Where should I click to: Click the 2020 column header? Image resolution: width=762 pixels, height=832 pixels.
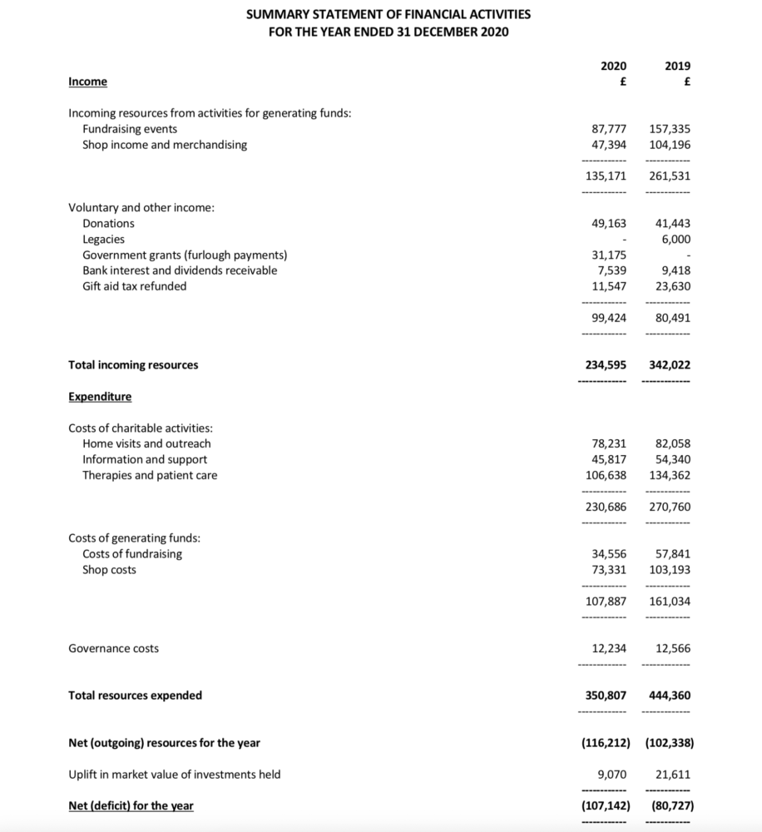(x=613, y=66)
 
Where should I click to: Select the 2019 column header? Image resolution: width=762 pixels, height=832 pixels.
(x=678, y=66)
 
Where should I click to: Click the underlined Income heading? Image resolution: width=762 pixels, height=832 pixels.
(x=87, y=82)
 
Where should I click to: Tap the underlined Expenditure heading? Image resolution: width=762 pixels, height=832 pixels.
(x=100, y=397)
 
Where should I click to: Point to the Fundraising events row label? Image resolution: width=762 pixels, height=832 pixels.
(x=129, y=129)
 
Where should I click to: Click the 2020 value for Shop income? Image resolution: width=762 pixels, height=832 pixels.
(x=608, y=145)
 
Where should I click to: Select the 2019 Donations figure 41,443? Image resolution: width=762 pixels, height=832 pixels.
(x=672, y=223)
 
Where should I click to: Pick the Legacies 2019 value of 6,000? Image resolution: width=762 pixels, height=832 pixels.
(x=675, y=239)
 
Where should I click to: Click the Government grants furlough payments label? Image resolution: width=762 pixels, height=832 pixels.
(x=185, y=255)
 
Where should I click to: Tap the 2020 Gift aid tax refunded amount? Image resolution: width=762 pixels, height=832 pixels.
(x=608, y=286)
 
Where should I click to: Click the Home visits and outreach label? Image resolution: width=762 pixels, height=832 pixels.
(x=146, y=443)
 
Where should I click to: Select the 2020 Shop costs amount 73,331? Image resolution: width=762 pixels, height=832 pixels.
(x=608, y=570)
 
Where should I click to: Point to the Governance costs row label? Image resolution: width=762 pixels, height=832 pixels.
(x=113, y=648)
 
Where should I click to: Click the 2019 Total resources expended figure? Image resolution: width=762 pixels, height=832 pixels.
(x=669, y=696)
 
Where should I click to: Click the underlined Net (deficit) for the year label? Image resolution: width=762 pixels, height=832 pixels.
(x=131, y=805)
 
